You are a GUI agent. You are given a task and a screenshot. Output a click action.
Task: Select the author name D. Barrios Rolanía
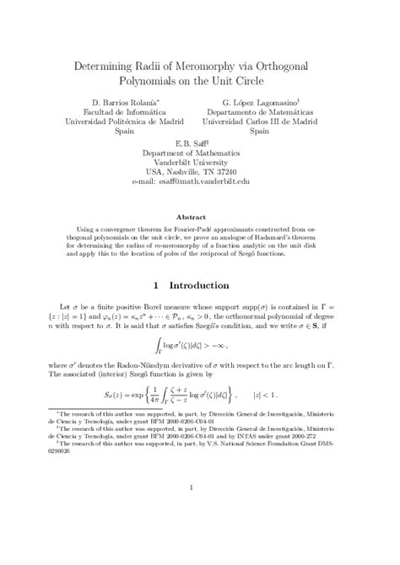(128, 101)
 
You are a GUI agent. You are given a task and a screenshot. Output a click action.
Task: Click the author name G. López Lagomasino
(272, 101)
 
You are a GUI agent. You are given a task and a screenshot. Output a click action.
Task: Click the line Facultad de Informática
(128, 112)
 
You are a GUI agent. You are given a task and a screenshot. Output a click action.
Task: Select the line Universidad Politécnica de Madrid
(128, 123)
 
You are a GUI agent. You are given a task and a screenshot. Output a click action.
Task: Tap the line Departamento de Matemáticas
(272, 112)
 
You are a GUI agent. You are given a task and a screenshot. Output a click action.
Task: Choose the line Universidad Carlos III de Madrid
(272, 123)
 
